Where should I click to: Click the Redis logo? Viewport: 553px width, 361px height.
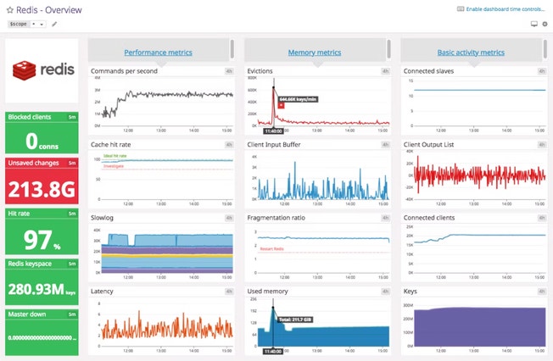point(42,71)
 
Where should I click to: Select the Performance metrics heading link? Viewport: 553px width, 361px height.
point(158,53)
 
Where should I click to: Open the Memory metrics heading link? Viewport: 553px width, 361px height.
point(314,53)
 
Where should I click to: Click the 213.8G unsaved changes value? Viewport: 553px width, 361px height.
point(42,188)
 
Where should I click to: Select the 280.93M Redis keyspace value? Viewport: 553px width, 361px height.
point(42,289)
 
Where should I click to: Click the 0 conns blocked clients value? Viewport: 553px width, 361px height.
point(42,141)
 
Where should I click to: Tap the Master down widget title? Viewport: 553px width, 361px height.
point(27,314)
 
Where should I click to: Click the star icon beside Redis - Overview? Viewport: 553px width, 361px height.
point(9,8)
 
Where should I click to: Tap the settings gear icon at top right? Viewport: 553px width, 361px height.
point(545,24)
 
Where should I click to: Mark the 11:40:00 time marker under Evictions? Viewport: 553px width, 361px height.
point(273,131)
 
